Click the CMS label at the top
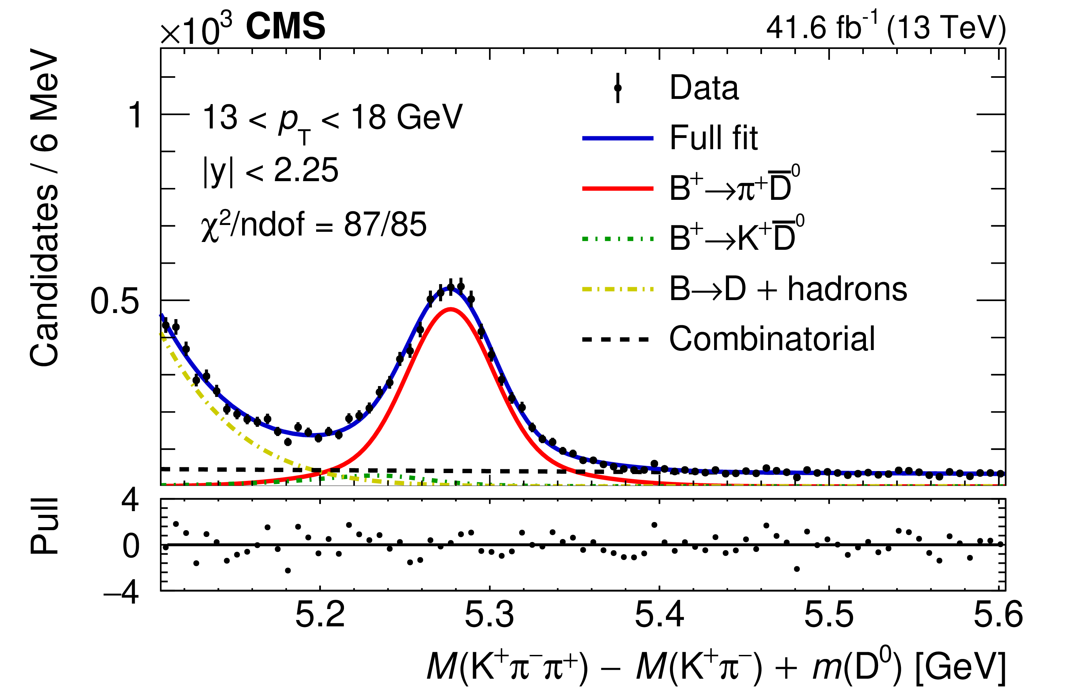click(x=286, y=27)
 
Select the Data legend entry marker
click(x=618, y=88)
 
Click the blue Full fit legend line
click(x=618, y=138)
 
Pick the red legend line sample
click(x=618, y=189)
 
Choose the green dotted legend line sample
click(x=618, y=239)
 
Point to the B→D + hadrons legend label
click(x=788, y=289)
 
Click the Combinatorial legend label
click(x=772, y=339)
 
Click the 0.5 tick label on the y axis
click(x=115, y=301)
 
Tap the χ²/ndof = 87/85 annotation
click(x=314, y=225)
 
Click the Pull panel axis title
click(x=44, y=526)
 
